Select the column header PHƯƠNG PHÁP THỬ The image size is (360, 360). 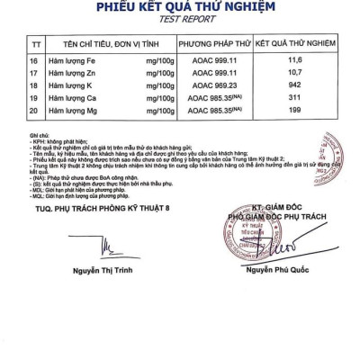pos(214,43)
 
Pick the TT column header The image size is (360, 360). pos(35,43)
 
